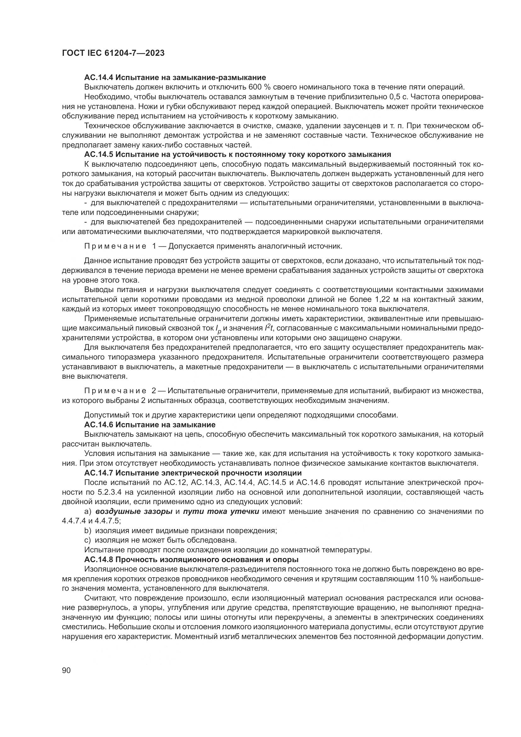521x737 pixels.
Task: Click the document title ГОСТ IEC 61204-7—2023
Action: tap(113, 53)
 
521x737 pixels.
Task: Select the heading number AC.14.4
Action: tap(99, 78)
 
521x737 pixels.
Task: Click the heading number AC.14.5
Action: tap(99, 154)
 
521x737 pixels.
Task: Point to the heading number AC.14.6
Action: tap(99, 425)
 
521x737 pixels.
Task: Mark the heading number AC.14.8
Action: tap(99, 560)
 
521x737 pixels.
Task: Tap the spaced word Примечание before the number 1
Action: tap(115, 246)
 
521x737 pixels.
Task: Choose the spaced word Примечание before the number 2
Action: tap(115, 391)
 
